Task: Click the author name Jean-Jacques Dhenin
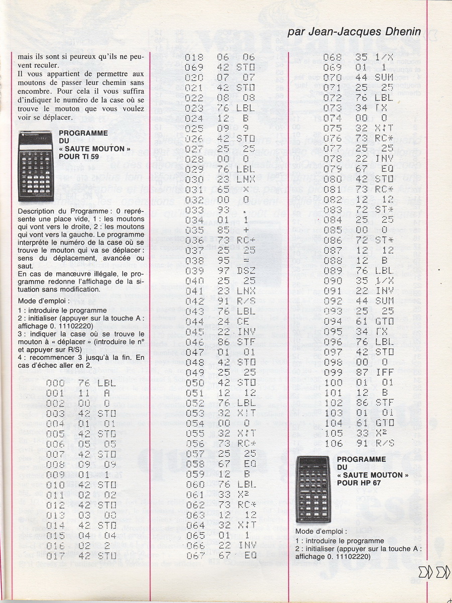click(x=354, y=32)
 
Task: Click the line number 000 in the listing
click(x=55, y=383)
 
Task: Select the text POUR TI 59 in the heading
click(x=79, y=157)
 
